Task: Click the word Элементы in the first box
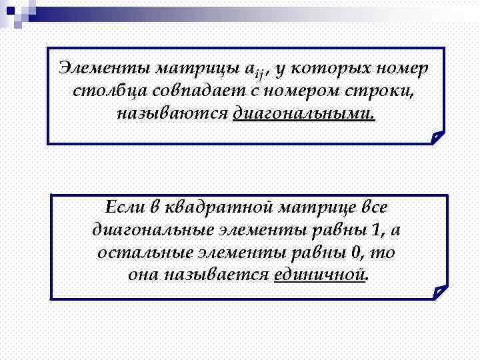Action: (x=103, y=69)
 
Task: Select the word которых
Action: (x=322, y=69)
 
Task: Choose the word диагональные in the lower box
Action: (x=151, y=230)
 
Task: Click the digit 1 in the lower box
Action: (x=378, y=230)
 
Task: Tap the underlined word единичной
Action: (x=320, y=275)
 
